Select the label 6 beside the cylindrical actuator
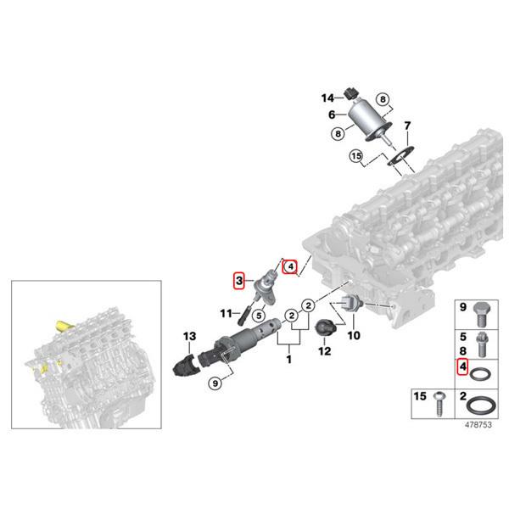(333, 115)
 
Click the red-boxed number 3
(240, 279)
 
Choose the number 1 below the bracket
(288, 360)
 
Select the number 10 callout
(354, 335)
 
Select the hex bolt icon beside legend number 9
(482, 313)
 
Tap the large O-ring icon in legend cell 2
(482, 405)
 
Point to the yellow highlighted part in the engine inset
(62, 327)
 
